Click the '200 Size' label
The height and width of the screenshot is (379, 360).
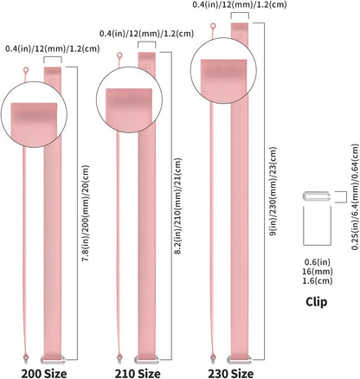point(44,374)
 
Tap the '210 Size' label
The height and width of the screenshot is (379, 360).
point(138,374)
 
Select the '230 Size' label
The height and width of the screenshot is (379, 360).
point(231,374)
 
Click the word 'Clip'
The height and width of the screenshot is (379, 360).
point(317,302)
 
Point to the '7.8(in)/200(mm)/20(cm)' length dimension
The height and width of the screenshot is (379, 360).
point(86,214)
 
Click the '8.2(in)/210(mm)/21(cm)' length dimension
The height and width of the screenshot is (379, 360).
point(178,206)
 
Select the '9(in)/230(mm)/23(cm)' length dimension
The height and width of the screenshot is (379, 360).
point(273,191)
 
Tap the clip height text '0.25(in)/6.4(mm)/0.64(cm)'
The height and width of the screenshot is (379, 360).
point(355,196)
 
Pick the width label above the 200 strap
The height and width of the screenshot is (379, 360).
point(53,48)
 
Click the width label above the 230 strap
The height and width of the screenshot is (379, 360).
point(240,4)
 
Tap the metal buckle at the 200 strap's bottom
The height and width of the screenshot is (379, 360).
point(52,359)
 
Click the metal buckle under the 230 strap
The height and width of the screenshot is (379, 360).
point(240,359)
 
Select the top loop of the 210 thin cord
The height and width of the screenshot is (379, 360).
point(119,55)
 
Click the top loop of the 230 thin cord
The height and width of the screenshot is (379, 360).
point(213,27)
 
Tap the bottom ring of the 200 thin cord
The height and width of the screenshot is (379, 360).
point(26,357)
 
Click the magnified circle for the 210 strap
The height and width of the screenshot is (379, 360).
point(129,100)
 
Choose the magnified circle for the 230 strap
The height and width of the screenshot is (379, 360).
point(223,70)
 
